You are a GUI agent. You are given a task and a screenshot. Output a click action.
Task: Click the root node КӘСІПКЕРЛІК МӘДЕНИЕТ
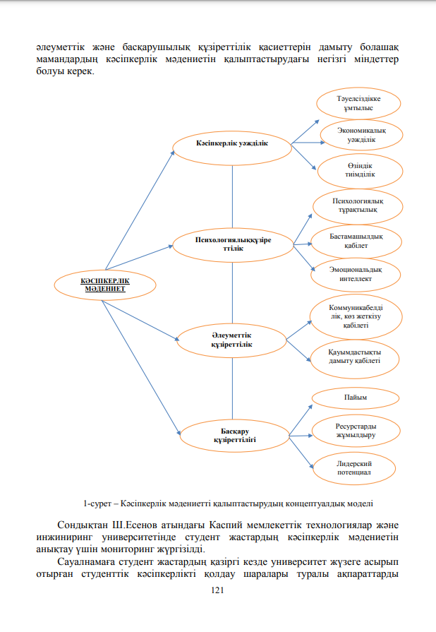tap(105, 285)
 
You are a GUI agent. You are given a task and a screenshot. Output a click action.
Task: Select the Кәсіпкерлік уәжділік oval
tap(232, 148)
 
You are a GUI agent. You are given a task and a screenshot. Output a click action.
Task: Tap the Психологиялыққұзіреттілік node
tap(233, 245)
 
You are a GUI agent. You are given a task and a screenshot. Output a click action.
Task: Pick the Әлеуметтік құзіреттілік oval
tap(231, 340)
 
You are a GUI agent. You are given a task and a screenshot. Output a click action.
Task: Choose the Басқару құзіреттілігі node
tap(235, 436)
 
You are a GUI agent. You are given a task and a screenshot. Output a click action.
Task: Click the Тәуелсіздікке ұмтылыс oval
tap(358, 104)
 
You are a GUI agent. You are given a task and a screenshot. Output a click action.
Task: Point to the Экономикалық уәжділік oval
tap(361, 135)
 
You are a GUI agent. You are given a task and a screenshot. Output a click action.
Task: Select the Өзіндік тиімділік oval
tap(360, 170)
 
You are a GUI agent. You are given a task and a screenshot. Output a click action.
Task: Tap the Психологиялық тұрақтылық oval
tap(358, 206)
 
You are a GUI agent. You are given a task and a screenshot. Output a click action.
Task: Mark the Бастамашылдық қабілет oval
tap(356, 242)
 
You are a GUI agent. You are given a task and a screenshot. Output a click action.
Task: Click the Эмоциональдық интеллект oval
tap(356, 275)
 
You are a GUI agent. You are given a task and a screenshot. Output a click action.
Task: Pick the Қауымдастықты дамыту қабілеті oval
tap(354, 359)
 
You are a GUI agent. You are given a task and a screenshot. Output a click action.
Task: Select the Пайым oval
tap(356, 398)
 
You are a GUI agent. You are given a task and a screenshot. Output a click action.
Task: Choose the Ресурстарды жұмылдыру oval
tap(356, 431)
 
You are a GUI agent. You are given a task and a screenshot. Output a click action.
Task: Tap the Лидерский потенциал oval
tap(354, 468)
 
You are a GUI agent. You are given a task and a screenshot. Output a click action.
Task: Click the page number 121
tap(217, 590)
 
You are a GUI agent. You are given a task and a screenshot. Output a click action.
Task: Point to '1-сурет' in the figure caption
tap(97, 503)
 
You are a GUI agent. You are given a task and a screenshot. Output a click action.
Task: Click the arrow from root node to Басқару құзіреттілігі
tap(141, 368)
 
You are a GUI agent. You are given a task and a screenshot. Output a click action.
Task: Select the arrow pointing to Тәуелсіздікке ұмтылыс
tap(305, 131)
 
